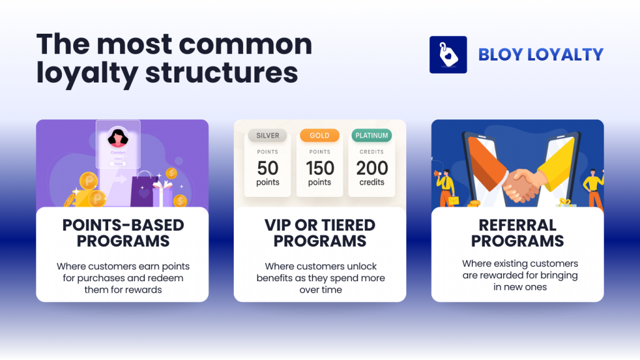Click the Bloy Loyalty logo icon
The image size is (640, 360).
pyautogui.click(x=448, y=55)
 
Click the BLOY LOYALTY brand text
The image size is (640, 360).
pyautogui.click(x=541, y=55)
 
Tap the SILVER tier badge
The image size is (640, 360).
pyautogui.click(x=267, y=135)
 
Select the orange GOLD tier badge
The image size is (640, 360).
pyautogui.click(x=319, y=135)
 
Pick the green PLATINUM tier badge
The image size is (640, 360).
pyautogui.click(x=371, y=135)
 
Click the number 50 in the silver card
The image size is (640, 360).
pyautogui.click(x=267, y=168)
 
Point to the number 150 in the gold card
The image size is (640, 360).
pyautogui.click(x=319, y=168)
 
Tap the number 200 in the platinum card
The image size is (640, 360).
pyautogui.click(x=371, y=168)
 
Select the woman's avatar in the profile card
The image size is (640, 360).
pyautogui.click(x=118, y=137)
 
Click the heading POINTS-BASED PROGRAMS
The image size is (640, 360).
pyautogui.click(x=122, y=233)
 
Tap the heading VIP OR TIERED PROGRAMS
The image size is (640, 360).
pyautogui.click(x=319, y=233)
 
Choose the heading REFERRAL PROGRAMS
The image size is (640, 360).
pyautogui.click(x=517, y=233)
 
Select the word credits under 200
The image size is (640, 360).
pyautogui.click(x=371, y=182)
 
